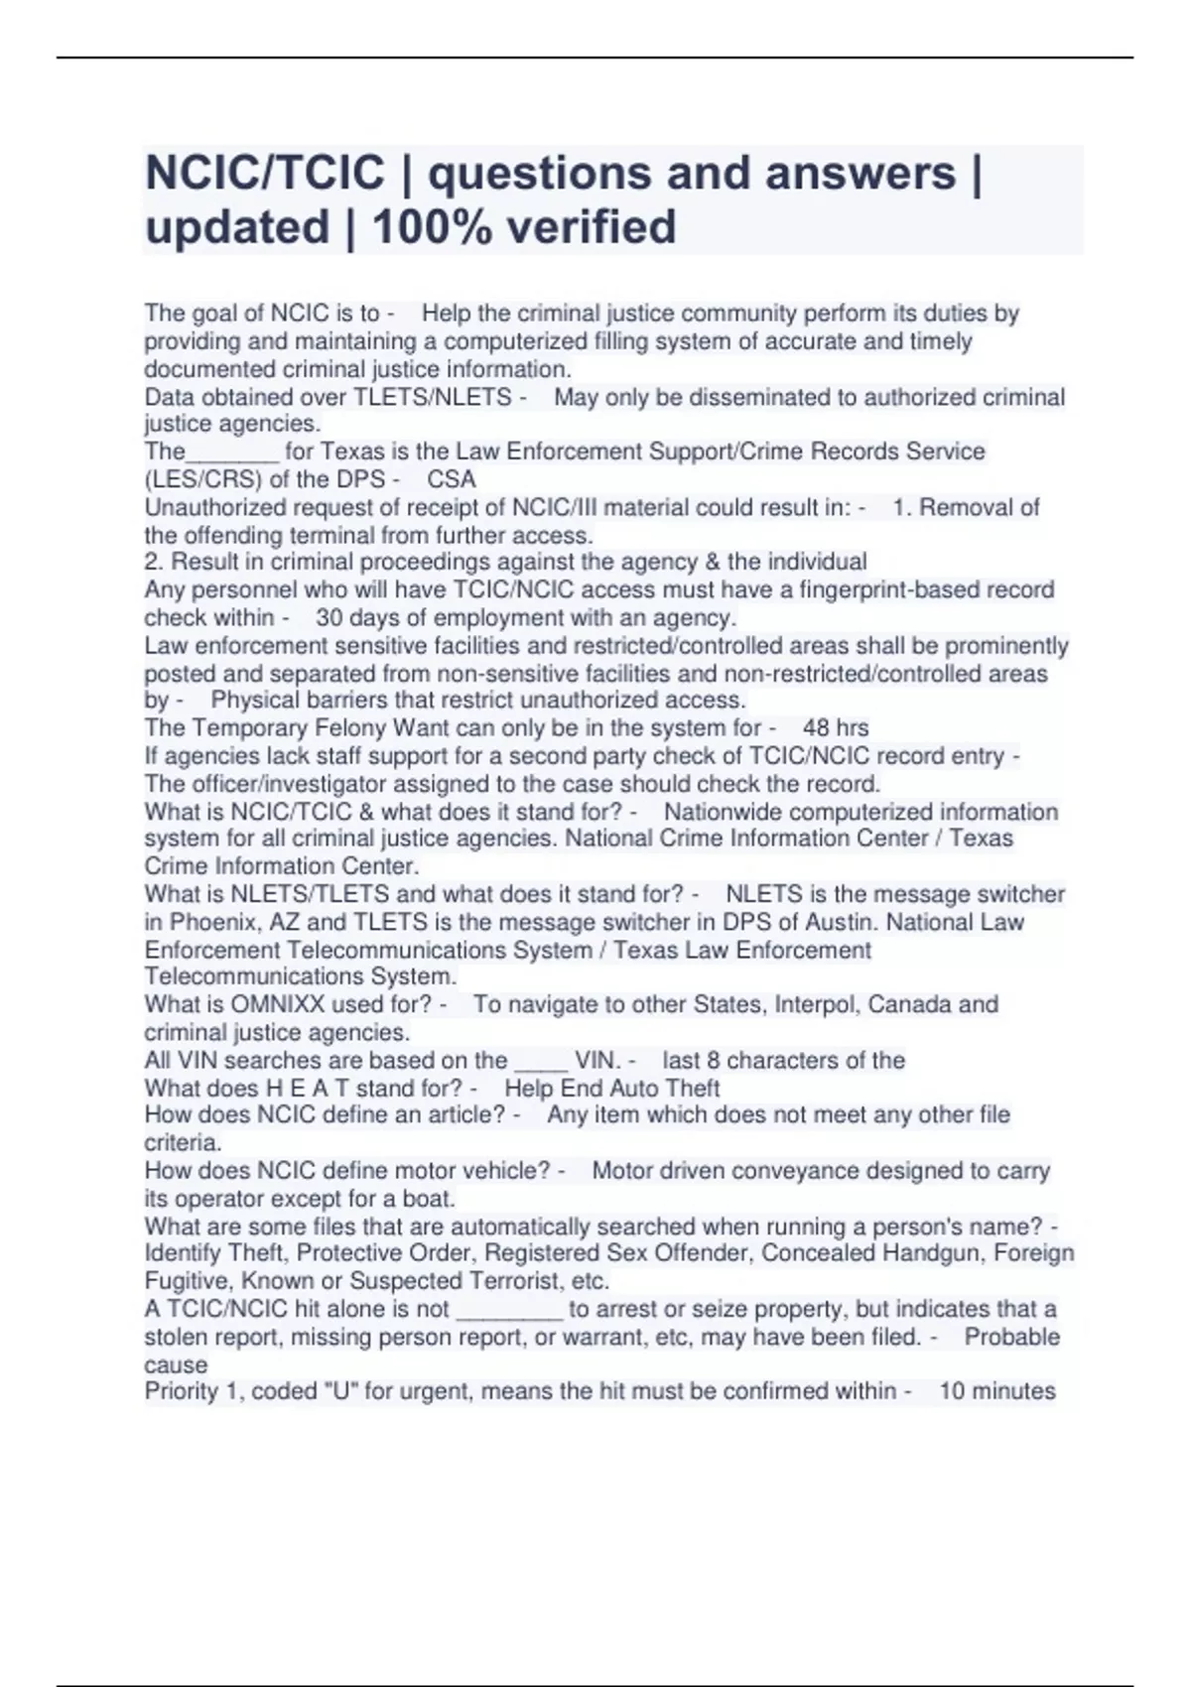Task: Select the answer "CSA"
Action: coord(452,479)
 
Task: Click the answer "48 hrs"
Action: coord(836,727)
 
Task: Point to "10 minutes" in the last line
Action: coord(996,1391)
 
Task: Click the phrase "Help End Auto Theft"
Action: coord(611,1088)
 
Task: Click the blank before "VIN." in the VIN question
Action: coord(541,1062)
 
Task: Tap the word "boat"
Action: coord(430,1198)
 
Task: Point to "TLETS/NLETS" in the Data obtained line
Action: coord(433,398)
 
